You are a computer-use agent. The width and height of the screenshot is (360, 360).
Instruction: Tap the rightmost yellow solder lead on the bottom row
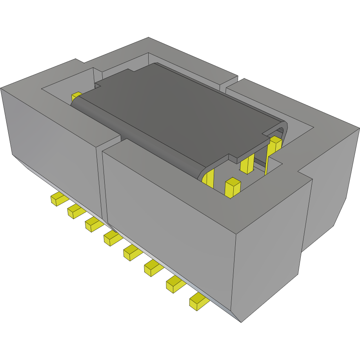[x=198, y=301]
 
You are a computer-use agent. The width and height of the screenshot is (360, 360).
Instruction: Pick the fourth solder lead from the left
[x=111, y=237]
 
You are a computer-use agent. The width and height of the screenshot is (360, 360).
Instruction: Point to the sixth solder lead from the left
[x=153, y=267]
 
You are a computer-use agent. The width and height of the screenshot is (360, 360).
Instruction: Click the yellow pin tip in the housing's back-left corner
[x=76, y=96]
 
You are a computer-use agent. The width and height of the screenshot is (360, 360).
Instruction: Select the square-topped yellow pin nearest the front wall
[x=232, y=187]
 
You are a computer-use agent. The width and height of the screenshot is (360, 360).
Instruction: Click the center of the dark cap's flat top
[x=176, y=106]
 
